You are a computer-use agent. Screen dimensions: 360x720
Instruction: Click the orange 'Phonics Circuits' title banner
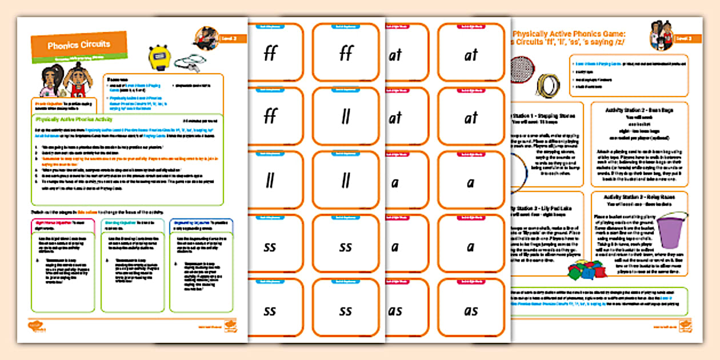[x=78, y=45]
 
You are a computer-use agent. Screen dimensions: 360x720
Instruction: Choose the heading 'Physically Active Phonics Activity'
[x=74, y=121]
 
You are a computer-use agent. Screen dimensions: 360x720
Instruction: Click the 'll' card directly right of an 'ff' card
[x=345, y=117]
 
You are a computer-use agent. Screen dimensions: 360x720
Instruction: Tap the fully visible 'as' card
[x=471, y=310]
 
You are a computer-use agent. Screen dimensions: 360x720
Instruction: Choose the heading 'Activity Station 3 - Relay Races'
[x=638, y=198]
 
